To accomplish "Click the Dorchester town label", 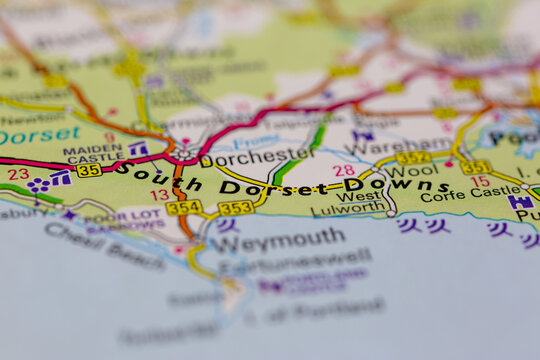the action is (257, 156).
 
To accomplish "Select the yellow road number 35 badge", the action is (89, 170).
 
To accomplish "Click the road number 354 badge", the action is (183, 208).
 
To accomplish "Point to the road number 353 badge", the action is (236, 208).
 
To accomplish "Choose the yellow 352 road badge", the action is (413, 158).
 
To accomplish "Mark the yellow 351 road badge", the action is (476, 168).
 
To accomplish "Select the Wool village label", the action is (412, 171).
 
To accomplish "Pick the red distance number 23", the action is (18, 174).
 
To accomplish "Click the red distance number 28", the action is (344, 171).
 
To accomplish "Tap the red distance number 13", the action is (159, 195).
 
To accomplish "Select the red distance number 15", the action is (481, 181).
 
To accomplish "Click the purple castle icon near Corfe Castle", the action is (519, 201).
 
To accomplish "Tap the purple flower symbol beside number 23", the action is (38, 185).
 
